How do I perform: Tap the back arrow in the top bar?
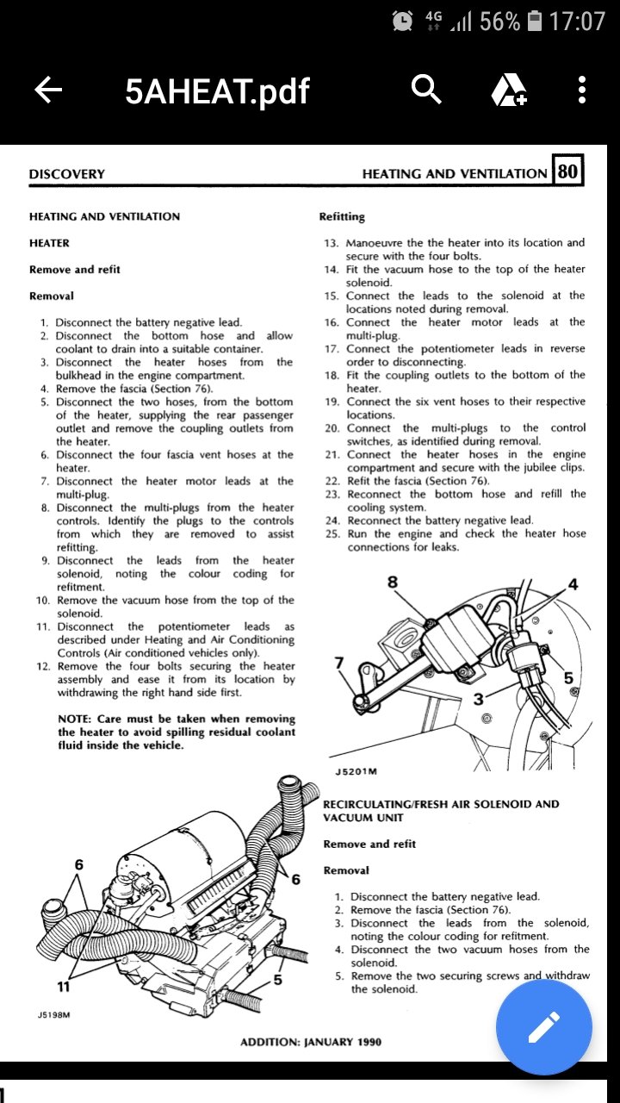coord(48,90)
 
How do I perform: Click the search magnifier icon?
coord(426,89)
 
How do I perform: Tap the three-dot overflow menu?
coord(583,90)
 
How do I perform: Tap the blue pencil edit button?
coord(543,1027)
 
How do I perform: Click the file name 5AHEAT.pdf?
coord(217,90)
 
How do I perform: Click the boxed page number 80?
coord(567,171)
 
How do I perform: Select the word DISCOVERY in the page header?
coord(66,174)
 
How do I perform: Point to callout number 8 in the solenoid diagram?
coord(393,582)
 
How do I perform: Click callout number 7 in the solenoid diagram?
coord(338,663)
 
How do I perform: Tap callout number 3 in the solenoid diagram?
coord(478,699)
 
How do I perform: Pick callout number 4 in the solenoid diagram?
coord(573,585)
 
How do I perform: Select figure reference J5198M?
coord(53,1016)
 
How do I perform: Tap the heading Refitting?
coord(342,216)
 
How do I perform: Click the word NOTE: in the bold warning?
coord(77,719)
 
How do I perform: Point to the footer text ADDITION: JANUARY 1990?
coord(310,1042)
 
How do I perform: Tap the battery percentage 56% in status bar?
coord(499,21)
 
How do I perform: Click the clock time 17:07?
coord(577,21)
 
